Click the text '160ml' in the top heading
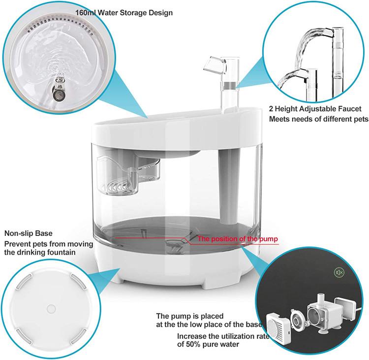[86, 12]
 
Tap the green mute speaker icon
[339, 273]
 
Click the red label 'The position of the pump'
[238, 239]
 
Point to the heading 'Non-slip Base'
[29, 233]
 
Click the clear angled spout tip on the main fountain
[213, 65]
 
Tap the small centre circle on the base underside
[51, 309]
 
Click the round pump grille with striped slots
[277, 325]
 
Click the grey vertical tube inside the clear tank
[229, 186]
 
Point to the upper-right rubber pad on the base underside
[78, 281]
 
